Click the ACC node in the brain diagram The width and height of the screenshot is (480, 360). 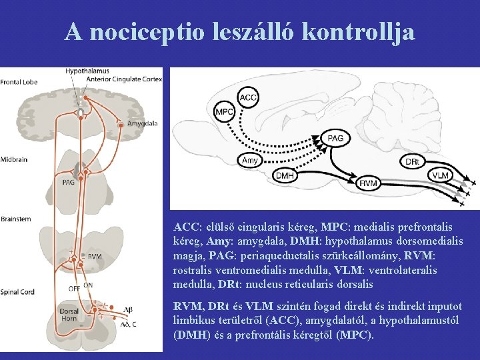(248, 98)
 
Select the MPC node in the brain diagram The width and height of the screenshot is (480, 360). (225, 112)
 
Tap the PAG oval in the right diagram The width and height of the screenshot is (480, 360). (335, 138)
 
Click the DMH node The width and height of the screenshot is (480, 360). (285, 175)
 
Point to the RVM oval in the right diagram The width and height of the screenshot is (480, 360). (369, 183)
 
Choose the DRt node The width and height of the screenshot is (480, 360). (412, 161)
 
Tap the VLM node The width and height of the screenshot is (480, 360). (440, 175)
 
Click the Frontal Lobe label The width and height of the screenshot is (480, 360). (19, 83)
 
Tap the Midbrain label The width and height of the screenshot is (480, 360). (14, 159)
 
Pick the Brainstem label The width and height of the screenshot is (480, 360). (16, 219)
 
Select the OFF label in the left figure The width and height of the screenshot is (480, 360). (74, 288)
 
